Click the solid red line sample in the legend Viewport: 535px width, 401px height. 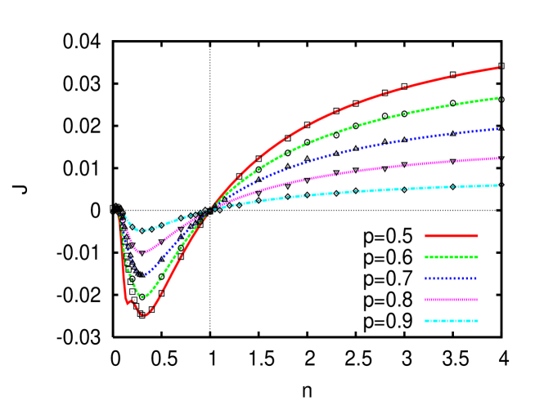451,236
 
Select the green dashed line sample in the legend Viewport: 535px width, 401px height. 451,257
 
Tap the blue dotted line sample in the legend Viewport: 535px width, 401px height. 451,278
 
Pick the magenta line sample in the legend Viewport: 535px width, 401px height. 451,300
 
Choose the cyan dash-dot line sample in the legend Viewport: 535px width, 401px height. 451,321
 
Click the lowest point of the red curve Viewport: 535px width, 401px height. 144,314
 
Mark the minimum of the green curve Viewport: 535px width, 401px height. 142,296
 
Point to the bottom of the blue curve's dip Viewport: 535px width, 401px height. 145,274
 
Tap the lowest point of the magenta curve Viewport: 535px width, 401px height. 141,253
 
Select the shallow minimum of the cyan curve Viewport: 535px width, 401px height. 141,231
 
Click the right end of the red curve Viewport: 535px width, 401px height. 499,68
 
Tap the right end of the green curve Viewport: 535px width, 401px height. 499,98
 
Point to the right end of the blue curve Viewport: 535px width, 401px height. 499,128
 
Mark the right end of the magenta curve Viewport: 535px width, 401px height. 499,158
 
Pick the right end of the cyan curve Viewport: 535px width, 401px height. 499,185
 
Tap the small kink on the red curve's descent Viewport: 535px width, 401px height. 128,302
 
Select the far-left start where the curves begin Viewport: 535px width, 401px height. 119,215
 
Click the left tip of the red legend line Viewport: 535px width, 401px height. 425,236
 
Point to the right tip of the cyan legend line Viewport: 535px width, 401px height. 479,321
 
